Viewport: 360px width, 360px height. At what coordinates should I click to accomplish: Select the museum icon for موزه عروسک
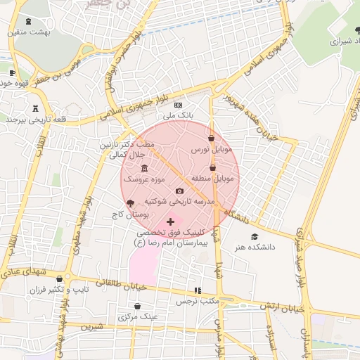[x=144, y=169]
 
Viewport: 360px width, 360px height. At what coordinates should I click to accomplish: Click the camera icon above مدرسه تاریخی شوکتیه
[x=179, y=191]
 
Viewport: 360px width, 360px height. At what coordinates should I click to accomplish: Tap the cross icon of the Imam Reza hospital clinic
[x=170, y=221]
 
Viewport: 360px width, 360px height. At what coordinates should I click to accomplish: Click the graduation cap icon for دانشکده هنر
[x=254, y=237]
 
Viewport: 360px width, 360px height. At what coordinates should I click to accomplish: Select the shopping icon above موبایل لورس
[x=212, y=139]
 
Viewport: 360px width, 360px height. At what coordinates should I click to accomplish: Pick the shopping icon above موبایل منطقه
[x=213, y=168]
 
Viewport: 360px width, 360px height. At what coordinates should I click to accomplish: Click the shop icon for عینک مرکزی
[x=137, y=307]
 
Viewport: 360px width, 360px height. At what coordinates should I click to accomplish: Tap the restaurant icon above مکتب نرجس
[x=198, y=290]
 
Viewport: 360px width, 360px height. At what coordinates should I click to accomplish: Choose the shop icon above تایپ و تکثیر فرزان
[x=68, y=278]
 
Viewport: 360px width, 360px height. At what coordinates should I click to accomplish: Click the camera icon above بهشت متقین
[x=27, y=22]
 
